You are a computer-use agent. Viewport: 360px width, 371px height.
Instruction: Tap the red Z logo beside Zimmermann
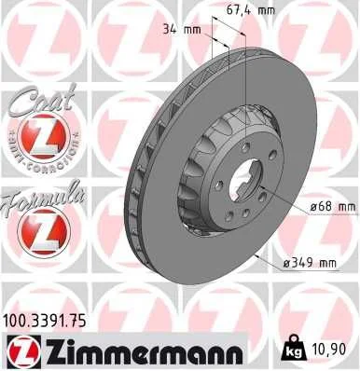pos(22,351)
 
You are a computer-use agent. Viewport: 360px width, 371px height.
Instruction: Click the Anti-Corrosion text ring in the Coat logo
pos(38,119)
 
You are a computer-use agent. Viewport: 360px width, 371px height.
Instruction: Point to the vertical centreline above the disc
pos(245,65)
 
